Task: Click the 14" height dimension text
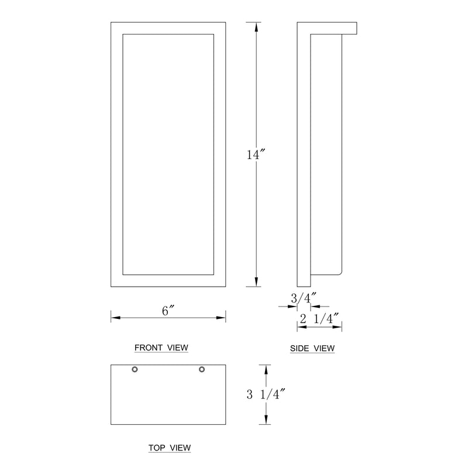coord(256,155)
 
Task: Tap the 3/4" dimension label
coord(303,298)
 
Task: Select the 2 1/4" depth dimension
coord(319,319)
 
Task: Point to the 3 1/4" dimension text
coord(266,395)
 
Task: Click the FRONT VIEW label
coord(161,347)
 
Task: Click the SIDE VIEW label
coord(312,349)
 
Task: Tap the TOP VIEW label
coord(170,448)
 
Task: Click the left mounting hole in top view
coord(135,369)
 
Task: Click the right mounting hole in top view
coord(202,369)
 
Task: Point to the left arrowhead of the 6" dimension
coord(115,318)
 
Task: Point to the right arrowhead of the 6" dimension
coord(222,318)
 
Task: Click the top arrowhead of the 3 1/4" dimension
coord(266,369)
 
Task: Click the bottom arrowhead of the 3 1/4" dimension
coord(266,421)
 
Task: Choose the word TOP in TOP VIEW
coord(156,448)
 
